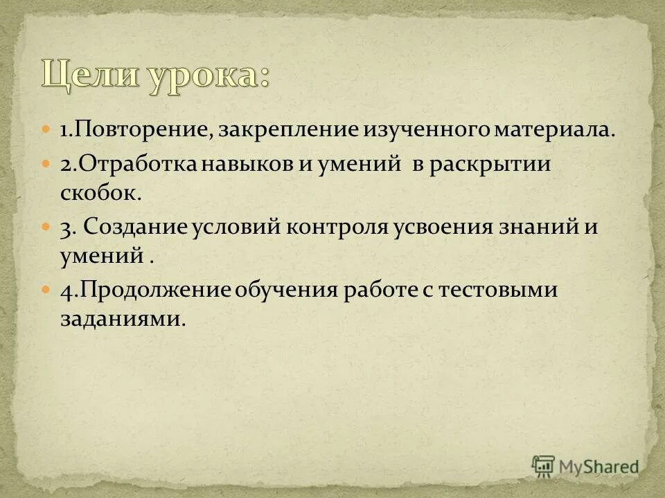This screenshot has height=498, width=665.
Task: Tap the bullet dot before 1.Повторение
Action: tap(46, 129)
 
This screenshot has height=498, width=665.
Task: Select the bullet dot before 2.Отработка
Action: tap(46, 165)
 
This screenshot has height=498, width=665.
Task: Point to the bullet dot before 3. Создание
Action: tap(46, 226)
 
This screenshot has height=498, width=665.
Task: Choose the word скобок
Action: tap(100, 194)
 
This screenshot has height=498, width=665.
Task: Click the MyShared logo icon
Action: tap(543, 466)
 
